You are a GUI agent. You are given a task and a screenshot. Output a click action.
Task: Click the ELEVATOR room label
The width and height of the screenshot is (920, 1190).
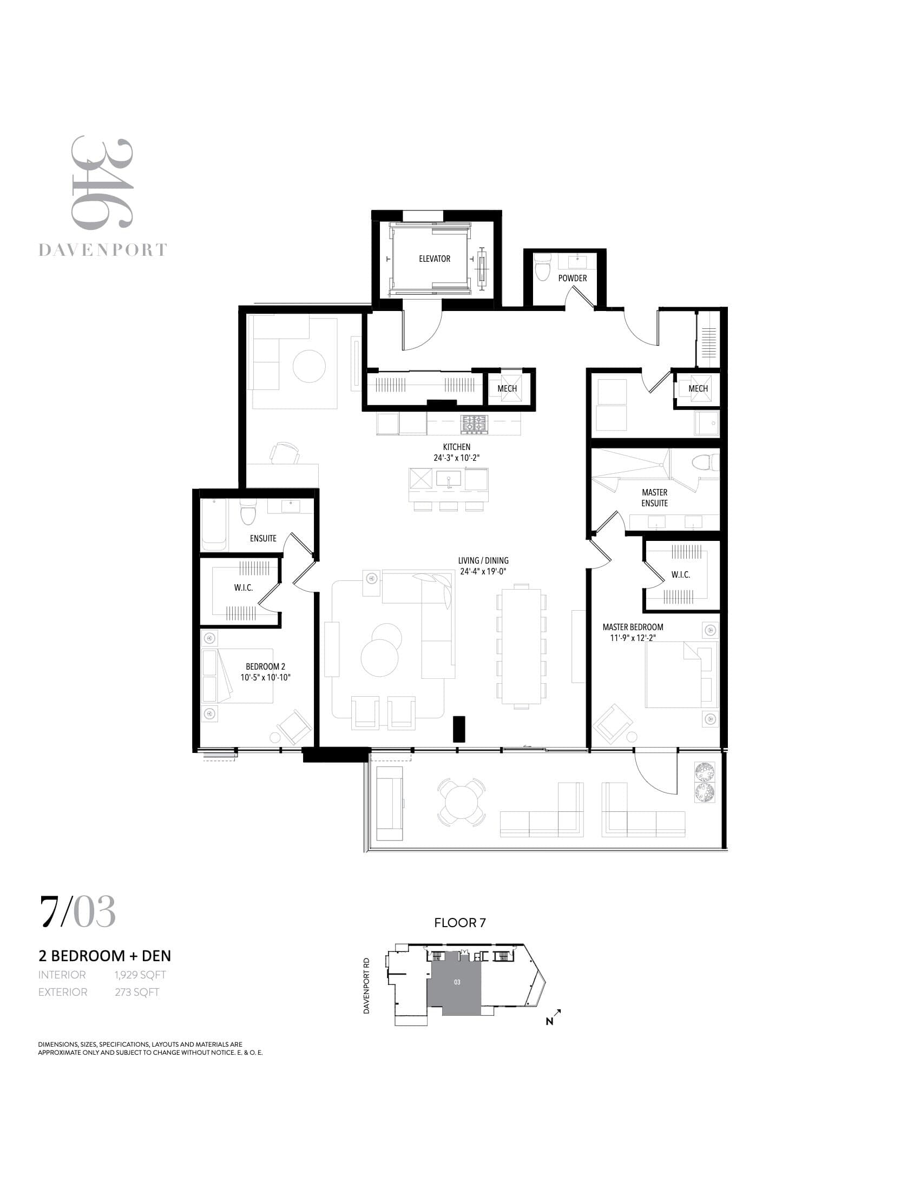click(x=435, y=259)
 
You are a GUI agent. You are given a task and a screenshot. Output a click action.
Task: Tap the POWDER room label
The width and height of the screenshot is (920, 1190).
click(x=572, y=278)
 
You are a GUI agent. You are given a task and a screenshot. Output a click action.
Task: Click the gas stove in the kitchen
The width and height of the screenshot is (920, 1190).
click(x=474, y=424)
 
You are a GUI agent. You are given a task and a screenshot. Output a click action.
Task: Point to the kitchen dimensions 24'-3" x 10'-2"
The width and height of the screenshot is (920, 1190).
click(x=456, y=458)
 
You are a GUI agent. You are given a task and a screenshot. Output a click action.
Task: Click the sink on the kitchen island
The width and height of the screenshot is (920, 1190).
click(x=448, y=479)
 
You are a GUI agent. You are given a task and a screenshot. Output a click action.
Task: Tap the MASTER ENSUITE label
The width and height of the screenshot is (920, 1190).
click(x=654, y=498)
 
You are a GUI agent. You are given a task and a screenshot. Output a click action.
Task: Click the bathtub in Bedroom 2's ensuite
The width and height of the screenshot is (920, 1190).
click(x=214, y=524)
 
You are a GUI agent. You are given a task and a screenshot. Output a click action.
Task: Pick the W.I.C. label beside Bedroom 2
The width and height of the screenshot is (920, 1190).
click(x=243, y=588)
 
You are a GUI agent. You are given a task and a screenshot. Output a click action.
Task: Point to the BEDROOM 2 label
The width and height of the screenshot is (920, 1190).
click(x=265, y=666)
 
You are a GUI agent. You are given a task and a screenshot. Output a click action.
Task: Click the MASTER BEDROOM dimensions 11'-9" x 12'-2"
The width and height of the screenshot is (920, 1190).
click(x=632, y=638)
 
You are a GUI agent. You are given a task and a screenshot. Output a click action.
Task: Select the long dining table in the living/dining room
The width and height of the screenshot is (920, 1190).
click(x=521, y=646)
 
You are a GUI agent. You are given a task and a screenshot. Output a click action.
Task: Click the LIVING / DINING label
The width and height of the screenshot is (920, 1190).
click(x=483, y=560)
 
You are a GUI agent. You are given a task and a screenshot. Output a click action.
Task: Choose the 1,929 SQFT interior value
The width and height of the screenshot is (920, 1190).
click(x=140, y=975)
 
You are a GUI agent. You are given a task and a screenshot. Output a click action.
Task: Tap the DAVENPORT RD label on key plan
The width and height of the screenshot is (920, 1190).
click(x=366, y=986)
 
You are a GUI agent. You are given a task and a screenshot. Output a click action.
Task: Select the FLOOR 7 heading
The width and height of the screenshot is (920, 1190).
click(x=459, y=922)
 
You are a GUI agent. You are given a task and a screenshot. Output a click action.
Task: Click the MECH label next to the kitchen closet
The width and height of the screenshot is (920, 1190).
click(x=507, y=388)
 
